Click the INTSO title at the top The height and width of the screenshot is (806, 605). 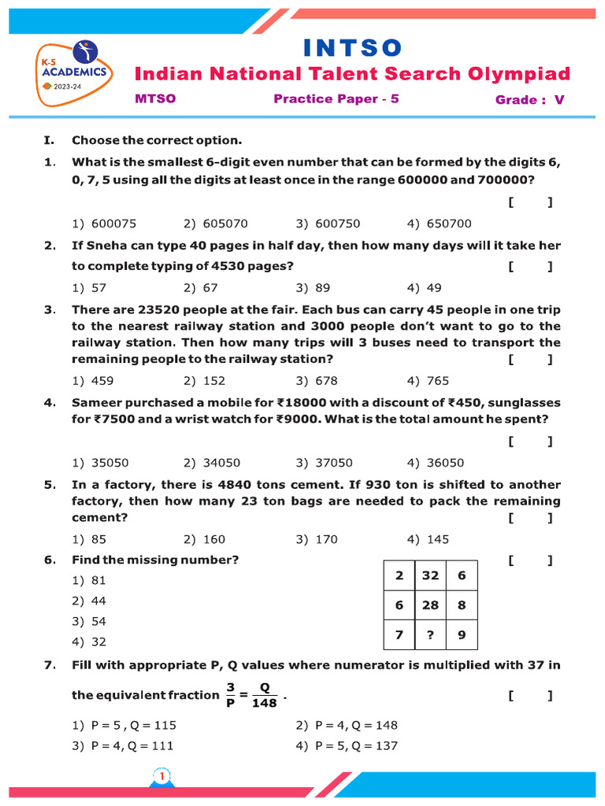click(352, 48)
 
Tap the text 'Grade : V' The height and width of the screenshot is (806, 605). click(530, 100)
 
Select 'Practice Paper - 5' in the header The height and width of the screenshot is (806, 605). click(336, 99)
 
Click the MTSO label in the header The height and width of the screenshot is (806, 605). click(155, 99)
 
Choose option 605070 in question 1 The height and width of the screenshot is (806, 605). click(216, 224)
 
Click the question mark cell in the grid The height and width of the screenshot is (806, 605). click(430, 634)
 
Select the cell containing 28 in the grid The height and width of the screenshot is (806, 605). click(430, 605)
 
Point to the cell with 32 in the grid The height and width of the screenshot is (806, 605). click(430, 575)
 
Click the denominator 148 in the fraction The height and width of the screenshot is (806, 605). click(265, 703)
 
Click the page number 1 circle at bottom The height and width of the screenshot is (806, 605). click(162, 778)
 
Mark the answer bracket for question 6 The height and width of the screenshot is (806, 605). click(530, 560)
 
